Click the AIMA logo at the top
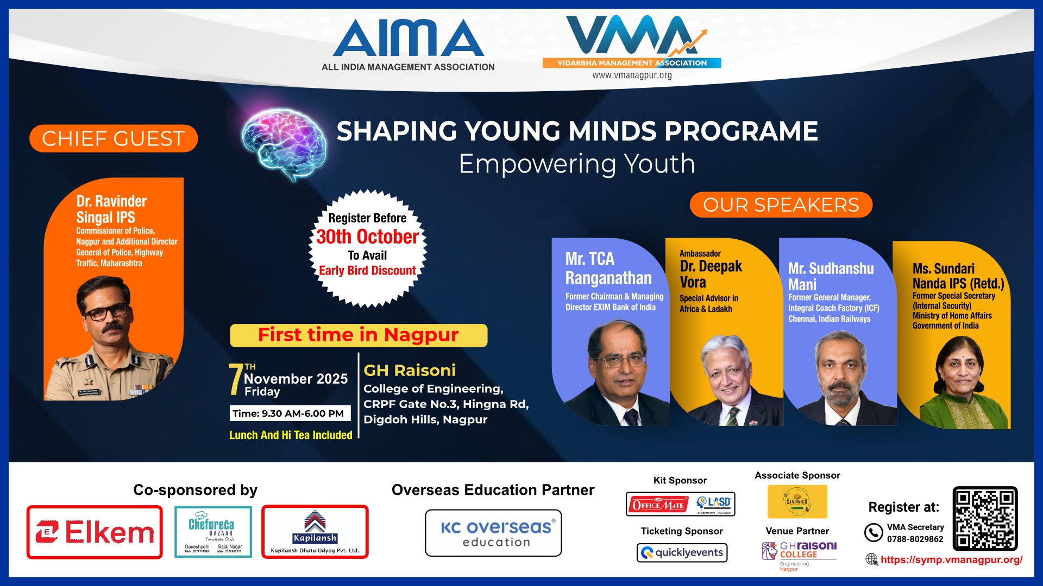pyautogui.click(x=408, y=38)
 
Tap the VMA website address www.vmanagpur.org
pyautogui.click(x=632, y=75)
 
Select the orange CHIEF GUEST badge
pyautogui.click(x=113, y=138)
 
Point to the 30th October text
pyautogui.click(x=368, y=237)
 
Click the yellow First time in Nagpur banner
pyautogui.click(x=359, y=335)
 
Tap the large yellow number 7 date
pyautogui.click(x=236, y=380)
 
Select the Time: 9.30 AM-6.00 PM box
pyautogui.click(x=289, y=413)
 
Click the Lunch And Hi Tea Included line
pyautogui.click(x=291, y=435)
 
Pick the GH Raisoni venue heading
pyautogui.click(x=410, y=371)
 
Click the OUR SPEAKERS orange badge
pyautogui.click(x=781, y=205)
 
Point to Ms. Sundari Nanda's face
pyautogui.click(x=960, y=372)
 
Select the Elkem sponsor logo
pyautogui.click(x=95, y=532)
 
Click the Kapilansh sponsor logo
pyautogui.click(x=315, y=532)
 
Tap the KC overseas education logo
pyautogui.click(x=493, y=533)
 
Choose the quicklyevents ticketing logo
pyautogui.click(x=682, y=552)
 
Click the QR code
pyautogui.click(x=984, y=519)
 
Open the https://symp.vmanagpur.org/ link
pyautogui.click(x=951, y=559)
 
